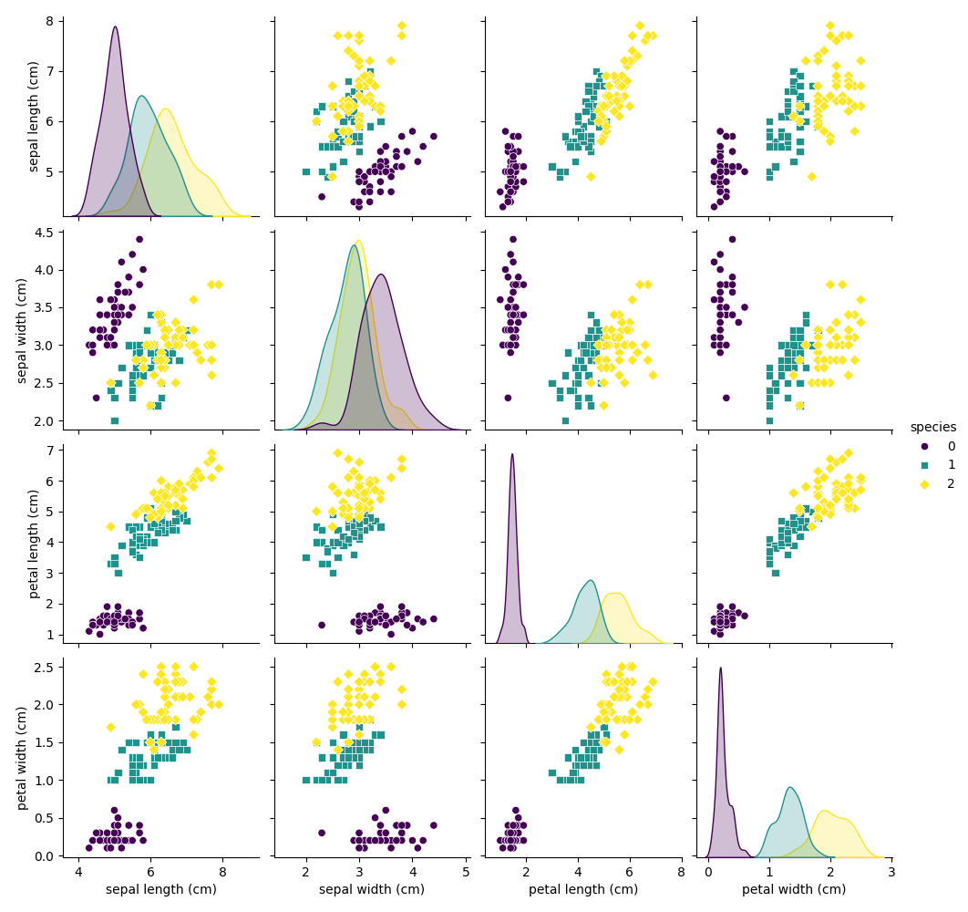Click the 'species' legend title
932,427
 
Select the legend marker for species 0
925,446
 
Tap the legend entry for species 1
925,465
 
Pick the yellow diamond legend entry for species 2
925,483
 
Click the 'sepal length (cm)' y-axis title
35,116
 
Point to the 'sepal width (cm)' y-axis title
22,330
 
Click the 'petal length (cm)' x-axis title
582,889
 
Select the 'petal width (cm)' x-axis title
793,889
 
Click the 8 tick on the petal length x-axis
681,873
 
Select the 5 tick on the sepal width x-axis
466,873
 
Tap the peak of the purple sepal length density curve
115,26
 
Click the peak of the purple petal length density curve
512,454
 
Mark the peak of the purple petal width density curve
720,668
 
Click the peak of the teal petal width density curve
789,787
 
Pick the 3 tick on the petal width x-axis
891,873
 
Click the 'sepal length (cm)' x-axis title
160,889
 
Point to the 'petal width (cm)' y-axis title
22,759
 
